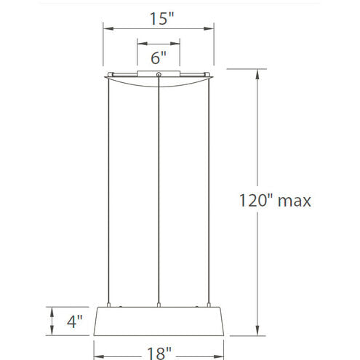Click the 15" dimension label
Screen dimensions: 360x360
tap(161, 19)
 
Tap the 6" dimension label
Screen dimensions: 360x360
tap(159, 57)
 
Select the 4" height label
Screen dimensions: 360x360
tap(75, 321)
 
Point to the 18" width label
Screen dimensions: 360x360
tap(159, 353)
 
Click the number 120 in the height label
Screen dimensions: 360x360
tap(255, 201)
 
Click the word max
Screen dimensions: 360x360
tap(294, 201)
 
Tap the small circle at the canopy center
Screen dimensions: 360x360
tap(159, 74)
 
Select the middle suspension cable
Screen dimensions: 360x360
tap(159, 190)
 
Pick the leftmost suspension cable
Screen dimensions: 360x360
tap(108, 191)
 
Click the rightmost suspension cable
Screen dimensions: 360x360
tap(209, 191)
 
